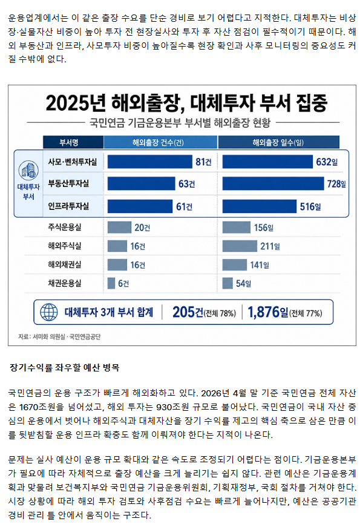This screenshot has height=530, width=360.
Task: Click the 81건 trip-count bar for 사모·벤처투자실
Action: click(x=149, y=162)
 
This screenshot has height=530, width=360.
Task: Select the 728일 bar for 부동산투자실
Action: click(x=273, y=183)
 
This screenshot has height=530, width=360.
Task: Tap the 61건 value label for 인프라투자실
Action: click(x=184, y=206)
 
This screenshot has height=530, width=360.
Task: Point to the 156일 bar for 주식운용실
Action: click(x=237, y=227)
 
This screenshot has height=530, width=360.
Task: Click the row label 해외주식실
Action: click(x=65, y=246)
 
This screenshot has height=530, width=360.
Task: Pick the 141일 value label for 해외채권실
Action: click(x=260, y=265)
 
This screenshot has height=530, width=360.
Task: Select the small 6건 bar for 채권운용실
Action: click(x=111, y=283)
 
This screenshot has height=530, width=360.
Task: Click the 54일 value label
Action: click(x=243, y=284)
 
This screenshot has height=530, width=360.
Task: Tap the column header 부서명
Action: click(x=69, y=142)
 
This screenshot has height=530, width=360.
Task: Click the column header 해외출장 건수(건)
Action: click(x=158, y=142)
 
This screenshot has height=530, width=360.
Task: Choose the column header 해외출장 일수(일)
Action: click(x=278, y=142)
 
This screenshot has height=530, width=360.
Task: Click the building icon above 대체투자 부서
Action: click(x=28, y=170)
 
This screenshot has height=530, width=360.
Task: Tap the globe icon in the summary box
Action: click(x=49, y=312)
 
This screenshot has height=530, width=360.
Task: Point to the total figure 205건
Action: click(x=188, y=312)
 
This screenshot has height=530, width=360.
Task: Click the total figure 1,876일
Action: click(x=268, y=312)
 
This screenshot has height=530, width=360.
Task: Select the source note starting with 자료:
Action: click(x=59, y=336)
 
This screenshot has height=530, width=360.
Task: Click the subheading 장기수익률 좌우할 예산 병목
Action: click(x=64, y=367)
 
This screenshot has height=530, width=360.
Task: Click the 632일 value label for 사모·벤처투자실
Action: click(x=327, y=162)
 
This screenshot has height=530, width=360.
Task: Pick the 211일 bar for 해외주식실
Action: click(x=240, y=246)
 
